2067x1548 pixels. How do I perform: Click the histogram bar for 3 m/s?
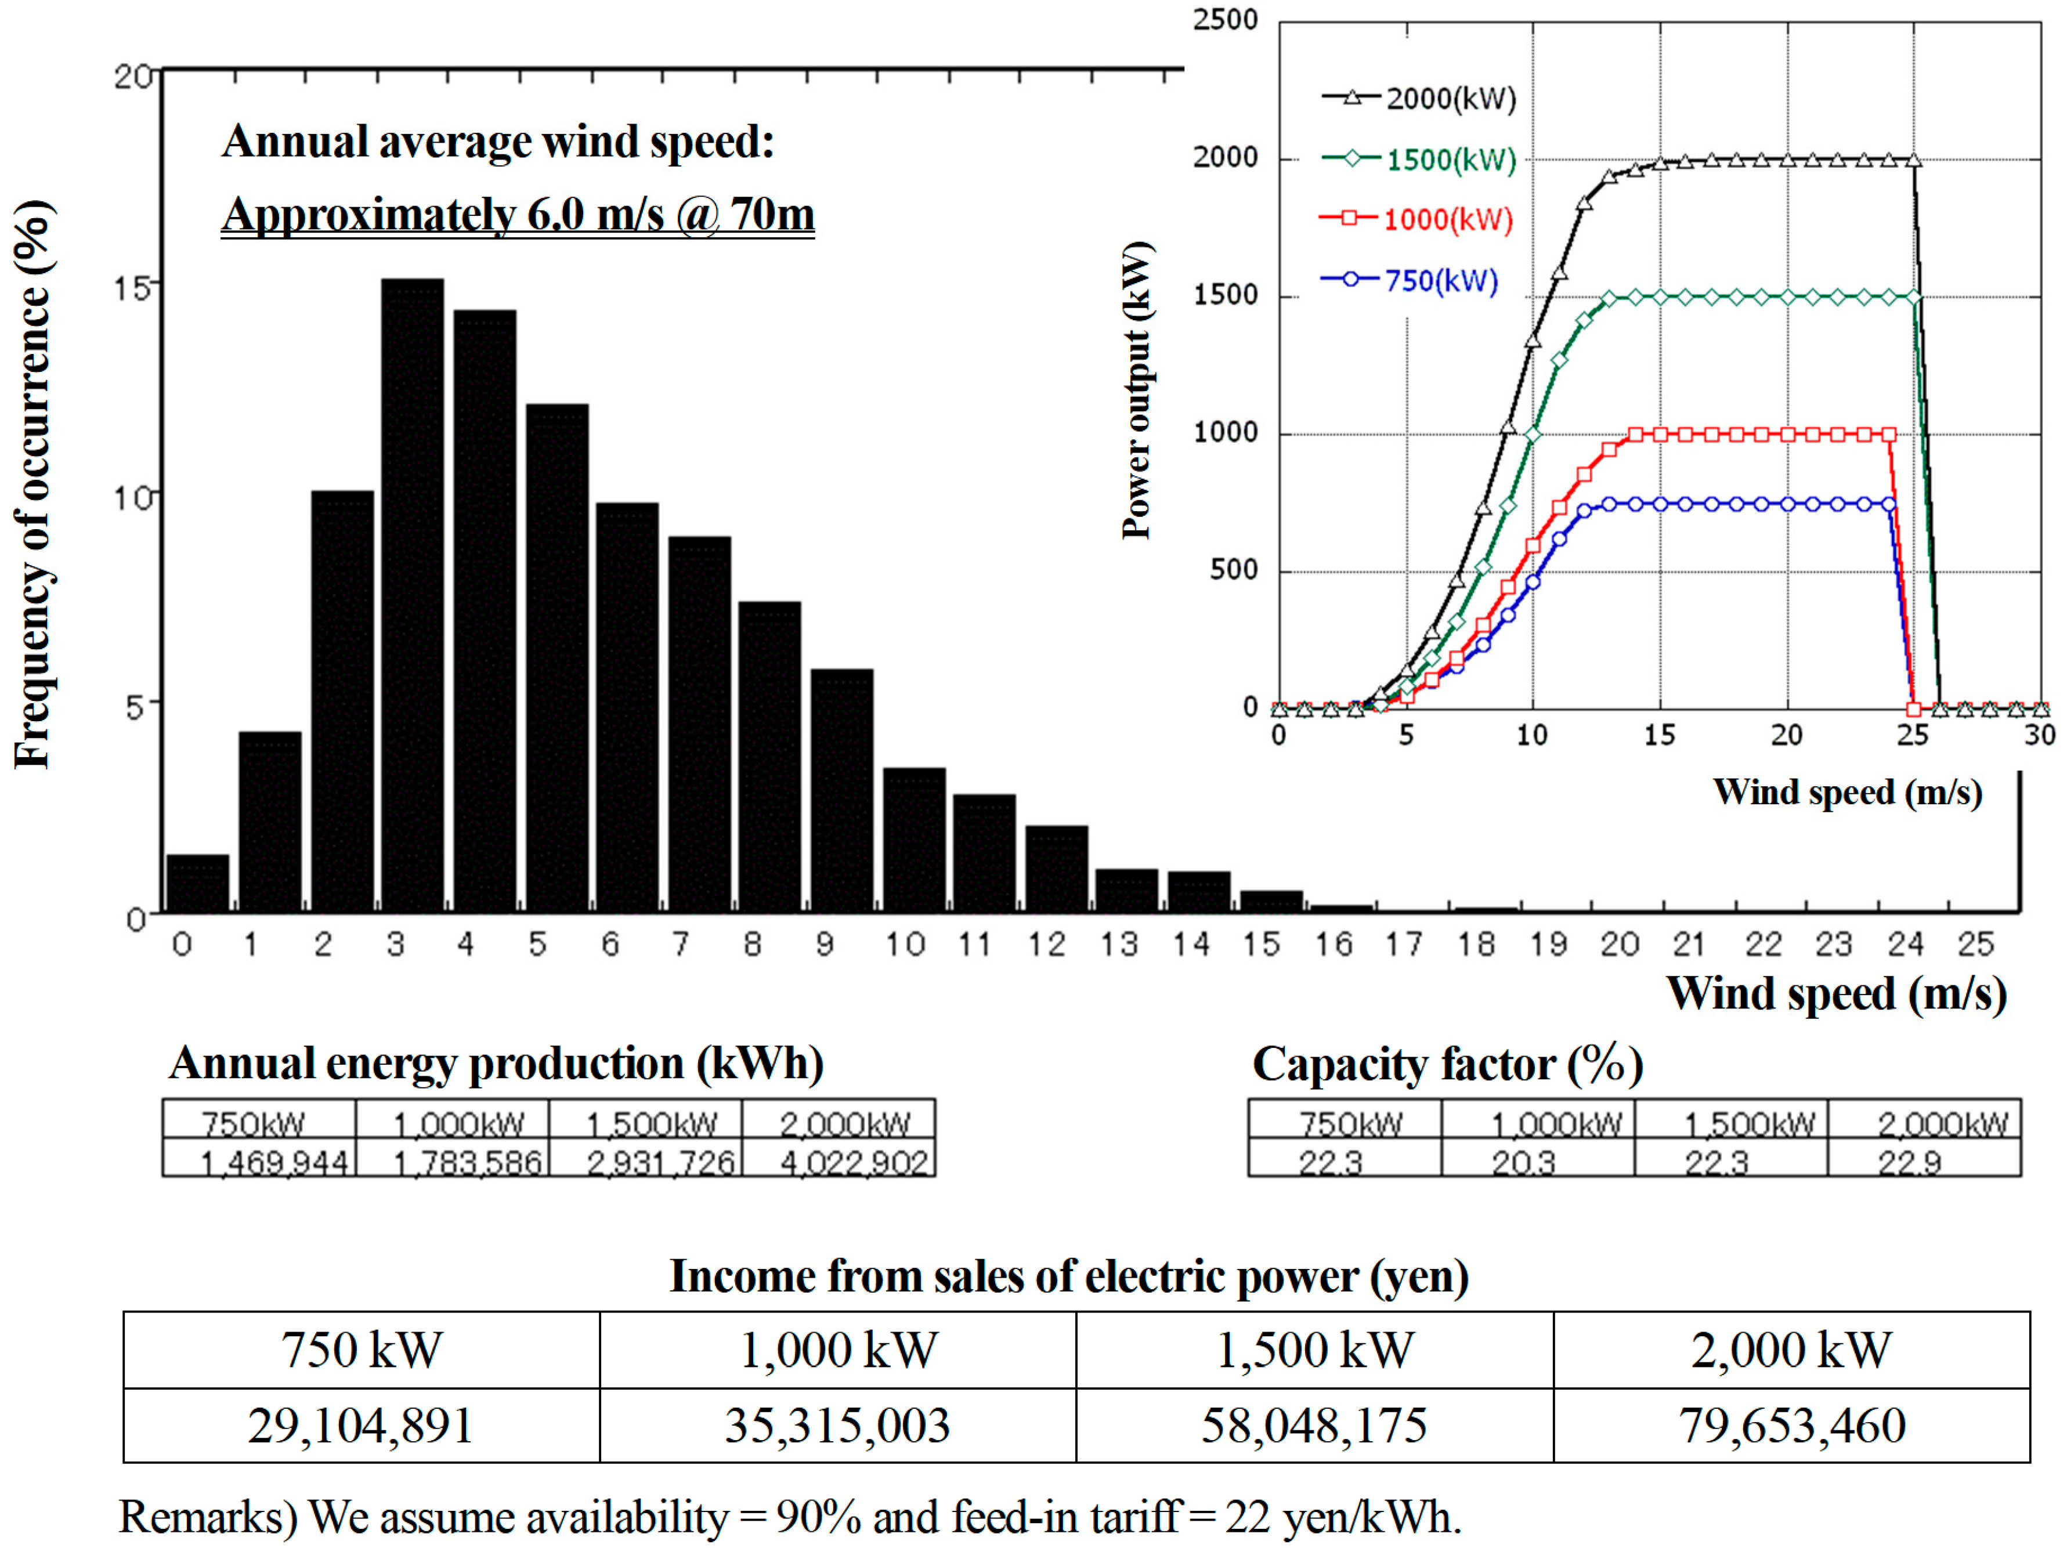tap(412, 598)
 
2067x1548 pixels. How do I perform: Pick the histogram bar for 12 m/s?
tap(1056, 868)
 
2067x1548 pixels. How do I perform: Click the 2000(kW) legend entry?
tap(1418, 98)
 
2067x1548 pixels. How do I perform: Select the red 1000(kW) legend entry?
tap(1416, 219)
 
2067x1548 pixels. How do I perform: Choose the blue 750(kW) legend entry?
tap(1409, 280)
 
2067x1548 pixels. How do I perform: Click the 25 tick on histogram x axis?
tap(1975, 945)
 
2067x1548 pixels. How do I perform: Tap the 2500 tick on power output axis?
tap(1225, 20)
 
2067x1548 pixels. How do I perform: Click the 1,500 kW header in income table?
tap(1314, 1350)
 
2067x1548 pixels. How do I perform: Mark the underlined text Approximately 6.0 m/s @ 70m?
tap(518, 214)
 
